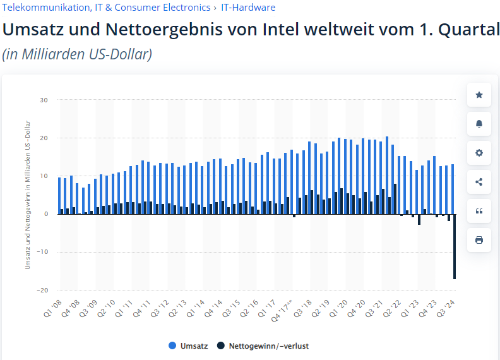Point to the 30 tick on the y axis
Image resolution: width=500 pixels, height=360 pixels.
click(x=44, y=100)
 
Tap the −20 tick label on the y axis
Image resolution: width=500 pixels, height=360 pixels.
click(x=42, y=291)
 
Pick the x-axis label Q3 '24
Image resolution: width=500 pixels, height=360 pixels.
click(x=447, y=309)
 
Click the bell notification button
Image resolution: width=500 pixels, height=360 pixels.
click(x=479, y=124)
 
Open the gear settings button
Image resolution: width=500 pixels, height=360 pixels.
click(x=479, y=153)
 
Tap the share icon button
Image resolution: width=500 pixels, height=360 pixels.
click(x=479, y=182)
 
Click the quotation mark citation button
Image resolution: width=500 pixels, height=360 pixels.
click(x=479, y=211)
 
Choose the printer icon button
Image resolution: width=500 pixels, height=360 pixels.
click(x=479, y=240)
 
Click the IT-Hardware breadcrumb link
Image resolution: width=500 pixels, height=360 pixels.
click(x=248, y=8)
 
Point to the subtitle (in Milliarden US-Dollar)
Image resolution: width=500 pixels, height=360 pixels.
click(x=77, y=54)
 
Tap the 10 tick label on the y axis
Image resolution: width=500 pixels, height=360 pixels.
click(x=44, y=176)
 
